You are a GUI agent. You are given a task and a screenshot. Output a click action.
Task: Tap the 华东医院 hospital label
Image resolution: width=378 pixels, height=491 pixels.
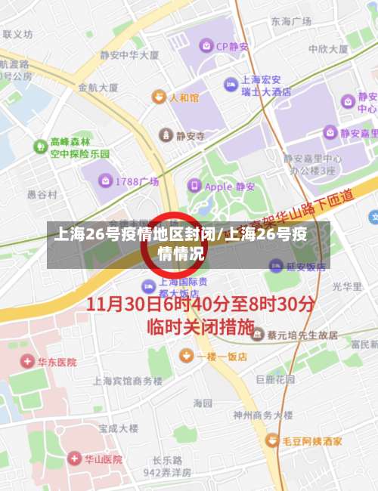pos(57,362)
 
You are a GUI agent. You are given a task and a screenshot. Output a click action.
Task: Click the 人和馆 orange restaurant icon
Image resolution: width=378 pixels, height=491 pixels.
pos(159,97)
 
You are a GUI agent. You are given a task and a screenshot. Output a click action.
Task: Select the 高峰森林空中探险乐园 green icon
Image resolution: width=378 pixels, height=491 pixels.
pos(39,146)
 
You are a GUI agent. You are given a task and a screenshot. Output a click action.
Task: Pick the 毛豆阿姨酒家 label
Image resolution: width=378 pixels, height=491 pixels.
pos(312,440)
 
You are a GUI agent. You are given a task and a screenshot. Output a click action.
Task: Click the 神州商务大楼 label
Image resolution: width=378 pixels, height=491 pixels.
pos(262,415)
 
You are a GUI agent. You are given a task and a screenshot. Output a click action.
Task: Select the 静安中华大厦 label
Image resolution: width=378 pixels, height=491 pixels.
pos(129,55)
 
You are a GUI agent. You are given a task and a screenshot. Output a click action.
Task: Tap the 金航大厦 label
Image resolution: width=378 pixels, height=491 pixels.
pos(98,88)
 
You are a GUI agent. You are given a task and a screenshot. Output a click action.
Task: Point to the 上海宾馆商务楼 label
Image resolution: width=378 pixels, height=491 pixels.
pos(128,381)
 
